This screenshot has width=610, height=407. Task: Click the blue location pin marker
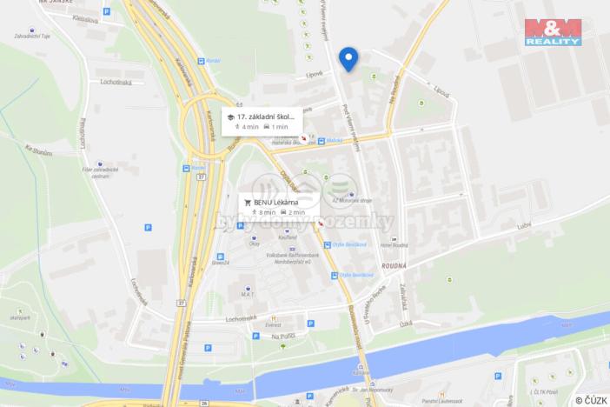click(x=348, y=57)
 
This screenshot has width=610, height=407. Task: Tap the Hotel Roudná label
click(x=393, y=246)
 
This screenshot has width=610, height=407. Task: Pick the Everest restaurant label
click(x=274, y=324)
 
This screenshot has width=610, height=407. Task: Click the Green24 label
click(x=221, y=263)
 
